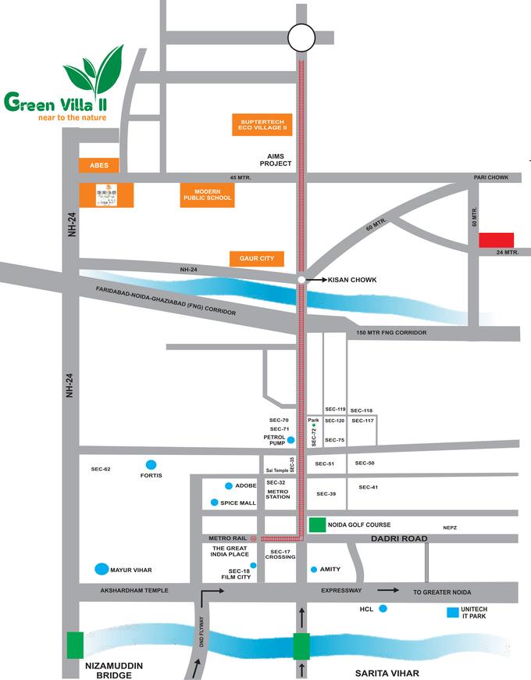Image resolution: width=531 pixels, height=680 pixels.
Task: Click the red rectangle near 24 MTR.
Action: coord(496,240)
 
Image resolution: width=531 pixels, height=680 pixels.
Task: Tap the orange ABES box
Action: coord(98,165)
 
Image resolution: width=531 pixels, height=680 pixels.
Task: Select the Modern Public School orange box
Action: coord(207,195)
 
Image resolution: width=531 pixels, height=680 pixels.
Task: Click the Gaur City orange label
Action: coord(257,258)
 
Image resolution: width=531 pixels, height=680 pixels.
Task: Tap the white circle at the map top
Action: coord(301,37)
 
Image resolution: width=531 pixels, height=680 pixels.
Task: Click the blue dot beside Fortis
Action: coord(151,463)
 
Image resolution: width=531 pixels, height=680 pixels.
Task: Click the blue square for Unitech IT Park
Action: coord(452,614)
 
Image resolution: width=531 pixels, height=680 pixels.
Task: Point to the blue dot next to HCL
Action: coord(383,607)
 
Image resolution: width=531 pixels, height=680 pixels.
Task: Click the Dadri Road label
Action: coord(401,539)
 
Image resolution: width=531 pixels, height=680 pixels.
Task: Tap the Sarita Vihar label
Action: coord(388,672)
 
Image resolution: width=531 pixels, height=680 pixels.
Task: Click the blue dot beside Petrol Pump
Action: coord(290,441)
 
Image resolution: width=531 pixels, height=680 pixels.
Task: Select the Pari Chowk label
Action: coord(490,177)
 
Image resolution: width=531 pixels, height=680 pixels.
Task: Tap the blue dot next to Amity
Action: coord(314,569)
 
